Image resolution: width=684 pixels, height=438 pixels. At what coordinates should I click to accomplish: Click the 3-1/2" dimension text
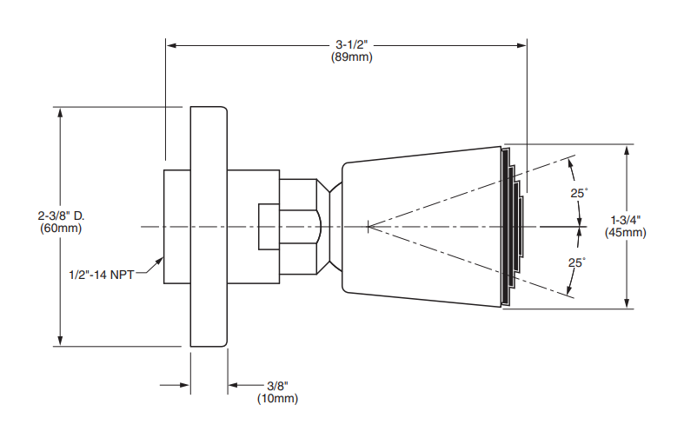point(352,44)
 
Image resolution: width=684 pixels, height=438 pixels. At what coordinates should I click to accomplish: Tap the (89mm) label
point(352,57)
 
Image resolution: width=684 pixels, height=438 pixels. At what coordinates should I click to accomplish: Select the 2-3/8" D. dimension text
point(62,216)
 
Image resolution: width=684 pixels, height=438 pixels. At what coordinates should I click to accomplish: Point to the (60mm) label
point(61,229)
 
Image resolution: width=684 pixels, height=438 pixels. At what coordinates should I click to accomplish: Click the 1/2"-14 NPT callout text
point(102,275)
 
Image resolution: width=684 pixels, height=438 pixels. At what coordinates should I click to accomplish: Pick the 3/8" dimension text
point(278,386)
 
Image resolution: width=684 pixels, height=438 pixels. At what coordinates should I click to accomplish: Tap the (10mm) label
point(277,398)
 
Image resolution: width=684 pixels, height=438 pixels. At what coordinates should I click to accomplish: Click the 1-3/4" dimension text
point(625,220)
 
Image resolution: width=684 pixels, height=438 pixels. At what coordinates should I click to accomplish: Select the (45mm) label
point(625,233)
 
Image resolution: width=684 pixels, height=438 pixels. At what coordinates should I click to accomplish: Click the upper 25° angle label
point(579,193)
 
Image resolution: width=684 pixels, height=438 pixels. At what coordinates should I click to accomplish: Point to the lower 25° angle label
point(577,262)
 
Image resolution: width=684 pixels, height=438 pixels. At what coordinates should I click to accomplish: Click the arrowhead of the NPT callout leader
point(160,261)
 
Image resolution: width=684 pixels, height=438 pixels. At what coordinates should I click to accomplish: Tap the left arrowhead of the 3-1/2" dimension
point(171,45)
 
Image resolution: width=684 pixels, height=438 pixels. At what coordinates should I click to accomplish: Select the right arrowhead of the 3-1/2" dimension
point(521,45)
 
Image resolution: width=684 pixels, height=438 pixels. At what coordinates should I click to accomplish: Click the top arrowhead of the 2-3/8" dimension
point(60,113)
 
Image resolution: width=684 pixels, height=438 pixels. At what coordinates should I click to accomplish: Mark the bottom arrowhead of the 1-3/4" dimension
point(627,303)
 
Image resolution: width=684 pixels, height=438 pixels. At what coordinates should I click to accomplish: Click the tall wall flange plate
point(209,227)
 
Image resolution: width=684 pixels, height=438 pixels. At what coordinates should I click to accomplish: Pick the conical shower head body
point(422,227)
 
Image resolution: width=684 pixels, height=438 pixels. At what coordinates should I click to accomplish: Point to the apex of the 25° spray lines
point(369,227)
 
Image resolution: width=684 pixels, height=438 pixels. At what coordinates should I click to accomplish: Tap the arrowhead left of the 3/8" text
point(185,385)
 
